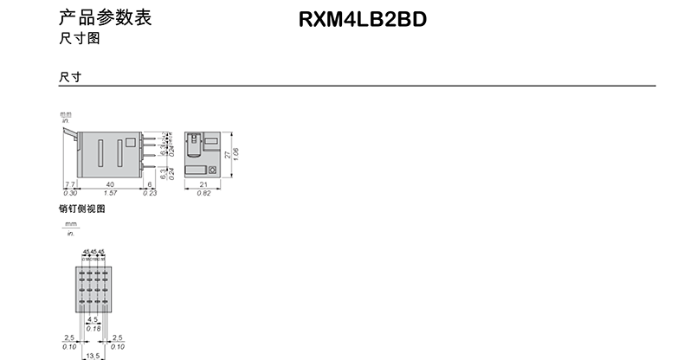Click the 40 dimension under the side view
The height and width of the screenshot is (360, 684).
point(109,184)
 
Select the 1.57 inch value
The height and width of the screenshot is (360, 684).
point(109,194)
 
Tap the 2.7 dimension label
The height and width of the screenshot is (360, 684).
point(69,184)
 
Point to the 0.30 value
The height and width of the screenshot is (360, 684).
point(69,194)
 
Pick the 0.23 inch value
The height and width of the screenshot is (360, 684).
point(151,194)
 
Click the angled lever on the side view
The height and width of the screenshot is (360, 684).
point(69,133)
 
